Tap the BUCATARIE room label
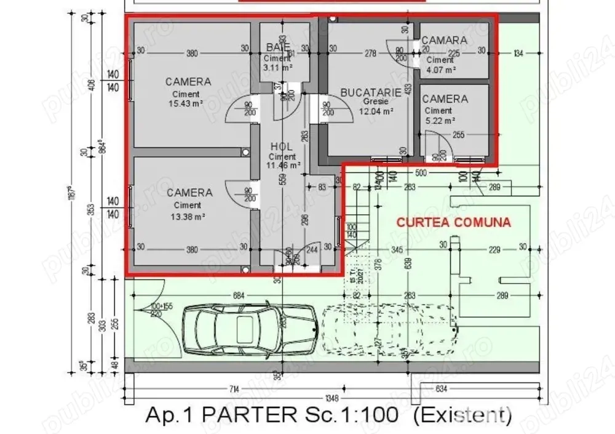point(371,92)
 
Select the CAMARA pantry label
point(444,40)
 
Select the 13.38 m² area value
point(188,216)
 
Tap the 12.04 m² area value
point(378,111)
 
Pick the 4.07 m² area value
point(441,70)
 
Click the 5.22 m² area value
point(440,121)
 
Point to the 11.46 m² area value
point(283,165)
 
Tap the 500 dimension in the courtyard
point(421,173)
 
